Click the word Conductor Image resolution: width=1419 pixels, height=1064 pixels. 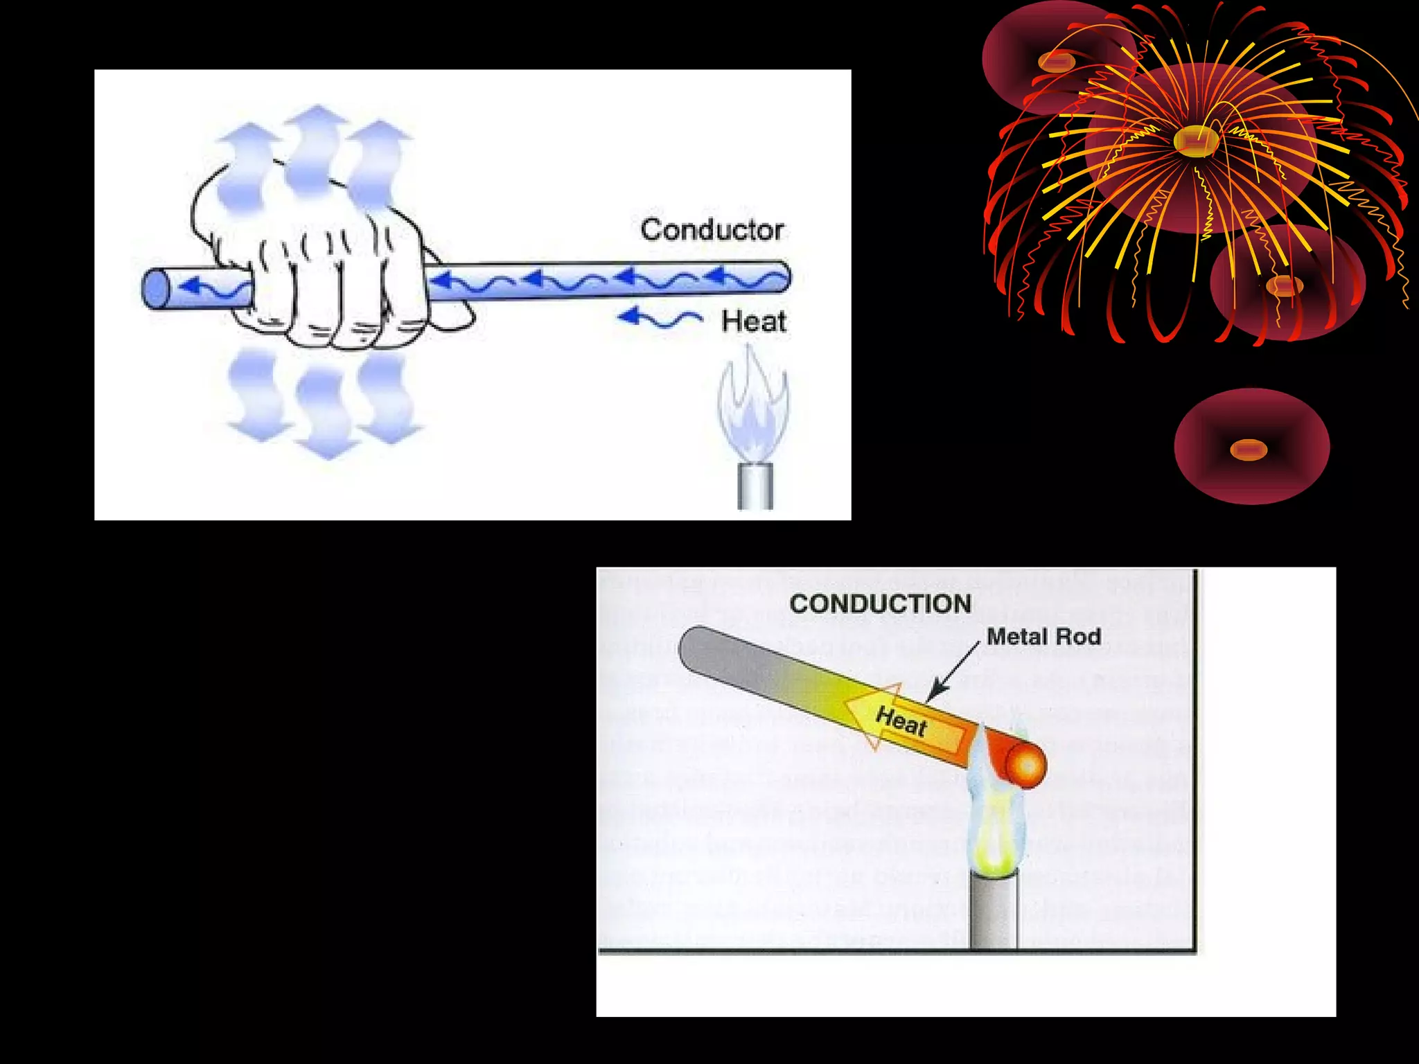[x=712, y=230]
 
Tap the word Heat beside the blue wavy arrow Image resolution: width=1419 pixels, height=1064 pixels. [x=753, y=321]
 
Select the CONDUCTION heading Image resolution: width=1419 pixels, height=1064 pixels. [x=880, y=604]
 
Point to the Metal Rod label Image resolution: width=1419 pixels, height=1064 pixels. [x=1043, y=637]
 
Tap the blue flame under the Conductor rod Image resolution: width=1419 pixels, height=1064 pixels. [x=754, y=412]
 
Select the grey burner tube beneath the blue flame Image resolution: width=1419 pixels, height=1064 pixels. [x=755, y=486]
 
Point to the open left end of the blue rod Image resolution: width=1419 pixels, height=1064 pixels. [x=157, y=289]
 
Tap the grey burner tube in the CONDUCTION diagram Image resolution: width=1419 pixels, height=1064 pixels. [x=994, y=911]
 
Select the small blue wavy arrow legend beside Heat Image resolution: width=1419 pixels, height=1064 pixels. [x=660, y=319]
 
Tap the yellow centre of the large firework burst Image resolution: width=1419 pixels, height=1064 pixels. [x=1195, y=141]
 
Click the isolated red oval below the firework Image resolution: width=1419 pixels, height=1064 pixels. [x=1251, y=447]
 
